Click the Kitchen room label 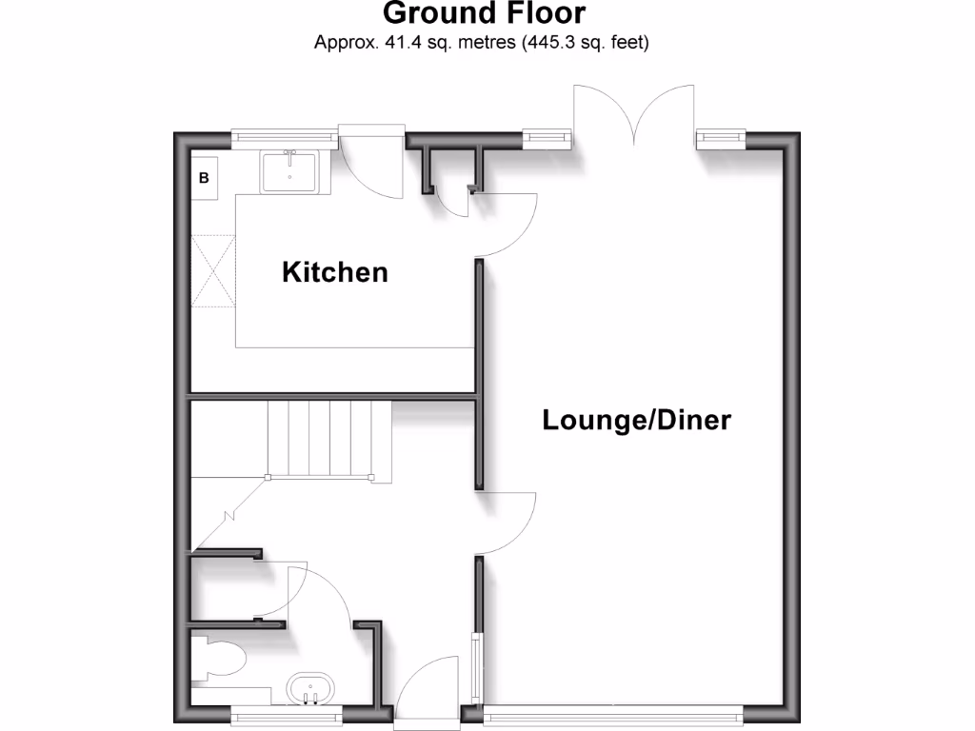pos(335,272)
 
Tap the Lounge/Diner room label pos(636,420)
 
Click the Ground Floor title pos(484,14)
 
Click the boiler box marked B pos(204,177)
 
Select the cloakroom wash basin pos(309,689)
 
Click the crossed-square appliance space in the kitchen pos(213,270)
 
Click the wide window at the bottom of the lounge pos(612,709)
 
